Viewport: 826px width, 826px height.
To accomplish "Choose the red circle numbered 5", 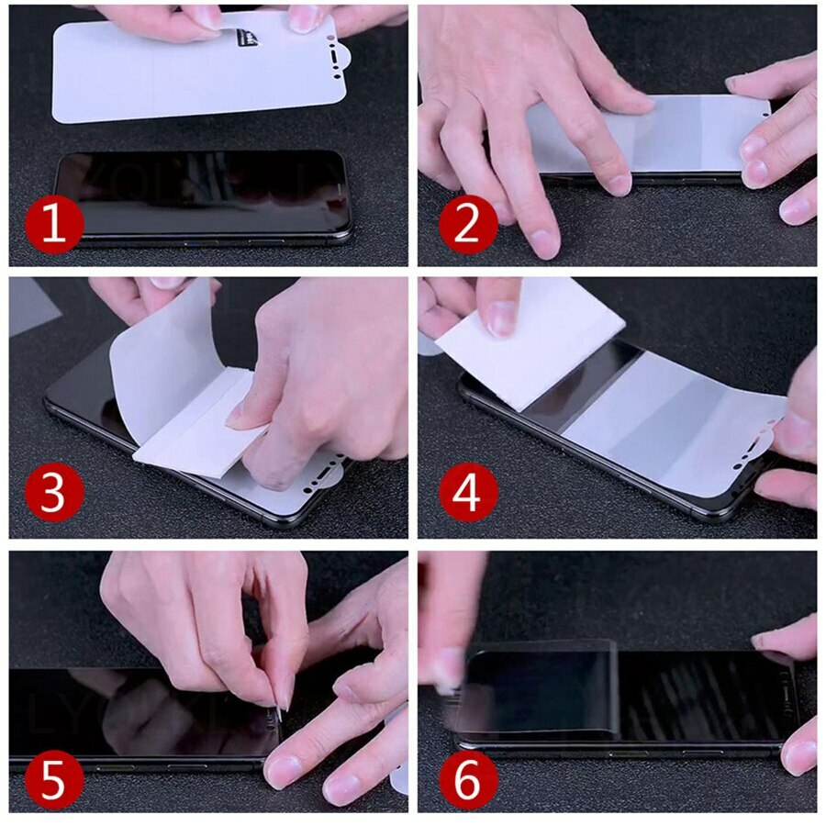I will pyautogui.click(x=54, y=779).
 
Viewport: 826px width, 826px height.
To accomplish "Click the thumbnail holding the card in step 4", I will pyautogui.click(x=501, y=317).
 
